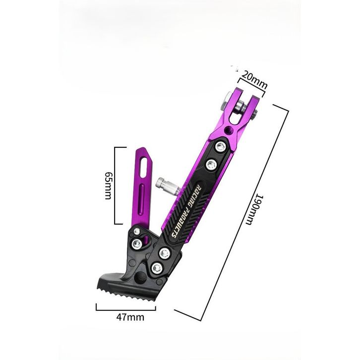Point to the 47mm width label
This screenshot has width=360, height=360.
pyautogui.click(x=130, y=317)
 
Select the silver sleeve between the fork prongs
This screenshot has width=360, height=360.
pyautogui.click(x=240, y=107)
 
